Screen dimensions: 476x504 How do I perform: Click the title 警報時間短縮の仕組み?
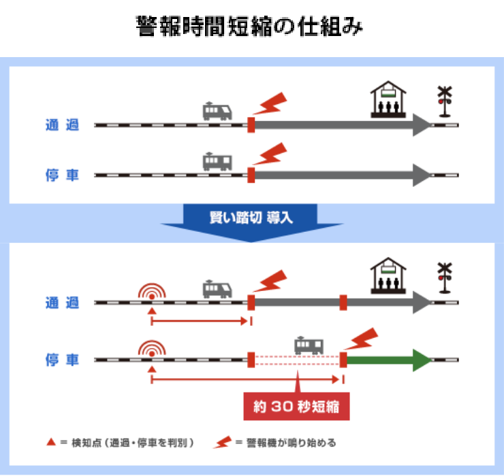(x=251, y=28)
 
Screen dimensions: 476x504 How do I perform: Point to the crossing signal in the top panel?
(x=445, y=101)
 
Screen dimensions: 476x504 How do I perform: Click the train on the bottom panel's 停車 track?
(x=309, y=345)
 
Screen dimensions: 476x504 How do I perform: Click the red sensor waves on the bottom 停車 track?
(x=152, y=349)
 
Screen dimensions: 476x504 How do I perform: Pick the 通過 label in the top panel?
(x=62, y=125)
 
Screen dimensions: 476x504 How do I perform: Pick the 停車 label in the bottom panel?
(x=62, y=359)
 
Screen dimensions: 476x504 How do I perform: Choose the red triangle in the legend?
(x=50, y=443)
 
